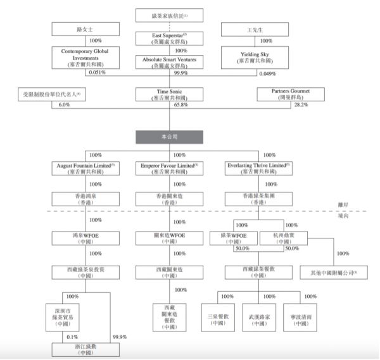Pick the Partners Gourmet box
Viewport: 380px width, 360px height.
pos(284,95)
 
